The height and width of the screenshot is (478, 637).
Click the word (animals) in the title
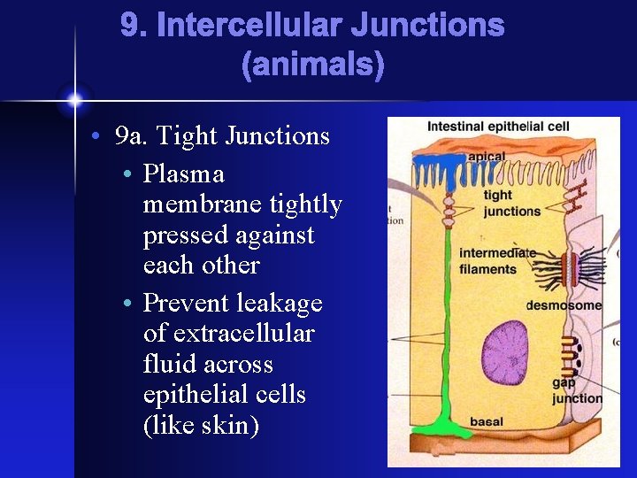pos(312,65)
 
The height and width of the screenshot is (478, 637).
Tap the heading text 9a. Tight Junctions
pos(223,136)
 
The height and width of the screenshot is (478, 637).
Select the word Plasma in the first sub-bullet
pos(184,174)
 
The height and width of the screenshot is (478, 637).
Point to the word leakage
pos(278,304)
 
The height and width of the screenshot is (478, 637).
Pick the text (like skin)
pos(201,425)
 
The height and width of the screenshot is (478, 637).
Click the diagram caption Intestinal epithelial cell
pos(498,127)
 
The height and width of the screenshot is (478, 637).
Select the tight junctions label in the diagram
pos(511,204)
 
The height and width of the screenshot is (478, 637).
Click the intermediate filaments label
pos(496,261)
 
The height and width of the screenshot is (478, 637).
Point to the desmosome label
pos(564,305)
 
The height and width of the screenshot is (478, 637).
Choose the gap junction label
pos(576,390)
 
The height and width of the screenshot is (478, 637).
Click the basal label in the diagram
pos(487,421)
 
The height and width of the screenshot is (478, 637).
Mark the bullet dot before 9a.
pos(94,137)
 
